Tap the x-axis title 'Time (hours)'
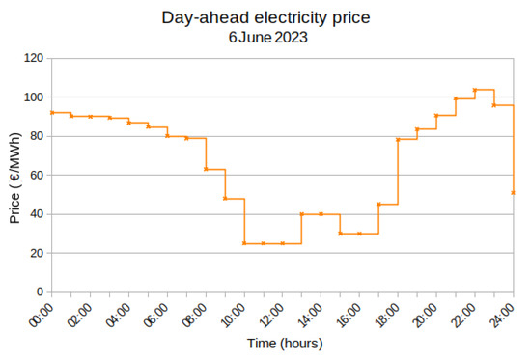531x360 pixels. [284, 343]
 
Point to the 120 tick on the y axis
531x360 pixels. [33, 59]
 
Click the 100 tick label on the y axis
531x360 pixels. [33, 97]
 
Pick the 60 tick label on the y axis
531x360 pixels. [36, 176]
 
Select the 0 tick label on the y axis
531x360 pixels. [40, 291]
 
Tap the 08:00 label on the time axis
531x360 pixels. [197, 313]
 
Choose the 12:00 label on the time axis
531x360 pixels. [274, 313]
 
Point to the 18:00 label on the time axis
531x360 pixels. [389, 313]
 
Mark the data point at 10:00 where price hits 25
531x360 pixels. [244, 243]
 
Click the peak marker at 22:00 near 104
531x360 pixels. [475, 90]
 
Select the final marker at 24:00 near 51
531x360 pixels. [513, 192]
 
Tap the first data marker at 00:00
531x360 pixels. [52, 113]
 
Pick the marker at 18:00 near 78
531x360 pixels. [398, 140]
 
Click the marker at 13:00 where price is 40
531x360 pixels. [302, 214]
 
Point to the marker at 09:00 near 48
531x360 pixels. [225, 198]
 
